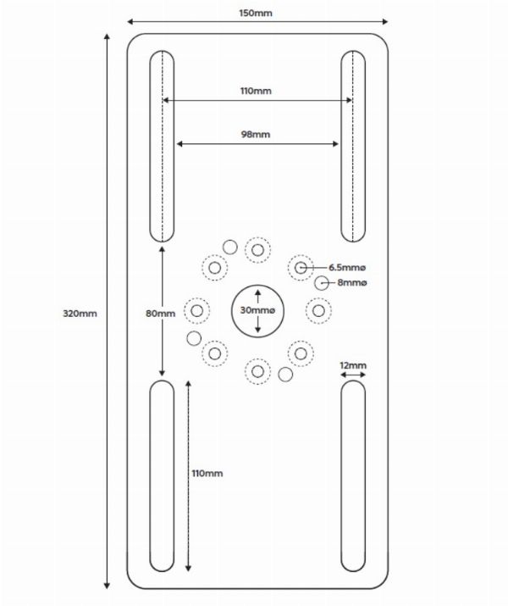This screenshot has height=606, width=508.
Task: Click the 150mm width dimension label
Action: pyautogui.click(x=256, y=14)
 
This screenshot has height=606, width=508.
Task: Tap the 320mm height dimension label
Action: pyautogui.click(x=80, y=314)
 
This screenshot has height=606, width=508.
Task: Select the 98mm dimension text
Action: pyautogui.click(x=256, y=135)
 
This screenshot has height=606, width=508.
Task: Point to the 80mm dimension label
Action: pyautogui.click(x=160, y=314)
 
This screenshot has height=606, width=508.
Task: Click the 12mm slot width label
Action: pyautogui.click(x=353, y=365)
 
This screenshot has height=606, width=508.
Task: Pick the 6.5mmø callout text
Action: pyautogui.click(x=347, y=268)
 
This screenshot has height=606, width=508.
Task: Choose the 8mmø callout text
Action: pyautogui.click(x=352, y=282)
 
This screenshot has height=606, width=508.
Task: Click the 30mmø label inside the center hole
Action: pyautogui.click(x=257, y=310)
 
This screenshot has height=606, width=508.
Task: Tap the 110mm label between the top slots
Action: pyautogui.click(x=256, y=91)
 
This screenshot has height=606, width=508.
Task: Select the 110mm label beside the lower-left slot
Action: pyautogui.click(x=207, y=474)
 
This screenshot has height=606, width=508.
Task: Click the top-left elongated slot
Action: pyautogui.click(x=162, y=146)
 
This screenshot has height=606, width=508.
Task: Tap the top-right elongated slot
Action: pyautogui.click(x=353, y=146)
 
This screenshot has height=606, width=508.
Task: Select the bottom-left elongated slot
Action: pyautogui.click(x=162, y=475)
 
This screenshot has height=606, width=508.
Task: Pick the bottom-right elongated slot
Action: pyautogui.click(x=353, y=475)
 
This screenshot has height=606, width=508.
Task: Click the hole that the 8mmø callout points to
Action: pyautogui.click(x=321, y=283)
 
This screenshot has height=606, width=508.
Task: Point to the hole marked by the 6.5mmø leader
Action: pyautogui.click(x=301, y=268)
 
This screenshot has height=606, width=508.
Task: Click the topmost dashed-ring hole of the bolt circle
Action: pyautogui.click(x=257, y=250)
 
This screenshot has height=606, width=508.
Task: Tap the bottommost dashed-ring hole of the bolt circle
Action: pyautogui.click(x=257, y=371)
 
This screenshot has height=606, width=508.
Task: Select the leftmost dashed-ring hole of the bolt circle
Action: pyautogui.click(x=197, y=310)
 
